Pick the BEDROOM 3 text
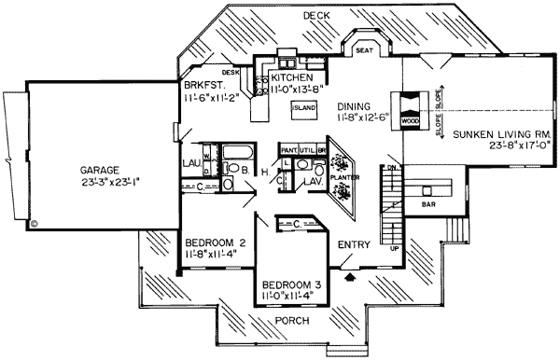[291, 285]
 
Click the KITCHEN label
[298, 77]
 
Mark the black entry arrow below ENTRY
[350, 275]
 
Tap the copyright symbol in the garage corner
[35, 224]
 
